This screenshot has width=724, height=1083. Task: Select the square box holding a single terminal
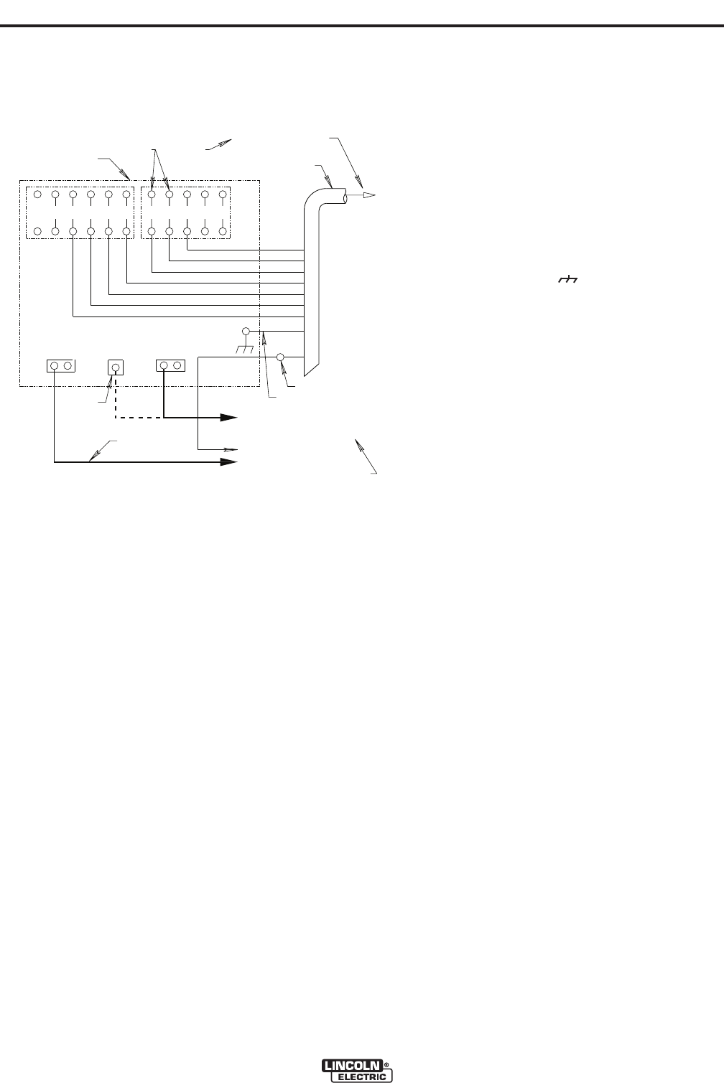pyautogui.click(x=115, y=367)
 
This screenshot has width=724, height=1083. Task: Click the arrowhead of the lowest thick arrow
pyautogui.click(x=228, y=463)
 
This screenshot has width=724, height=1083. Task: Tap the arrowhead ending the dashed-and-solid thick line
pyautogui.click(x=228, y=417)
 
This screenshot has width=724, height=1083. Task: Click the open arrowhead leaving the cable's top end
pyautogui.click(x=367, y=195)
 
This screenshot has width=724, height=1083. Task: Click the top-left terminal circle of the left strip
pyautogui.click(x=37, y=194)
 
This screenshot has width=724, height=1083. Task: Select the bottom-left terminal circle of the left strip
pyautogui.click(x=37, y=231)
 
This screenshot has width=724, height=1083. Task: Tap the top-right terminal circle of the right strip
pyautogui.click(x=223, y=194)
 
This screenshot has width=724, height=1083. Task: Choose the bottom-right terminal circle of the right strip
pyautogui.click(x=223, y=231)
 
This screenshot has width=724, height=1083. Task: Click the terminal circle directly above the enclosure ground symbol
pyautogui.click(x=246, y=332)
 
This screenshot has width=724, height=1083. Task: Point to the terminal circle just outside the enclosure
pyautogui.click(x=281, y=357)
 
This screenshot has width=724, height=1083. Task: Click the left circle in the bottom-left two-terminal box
pyautogui.click(x=55, y=366)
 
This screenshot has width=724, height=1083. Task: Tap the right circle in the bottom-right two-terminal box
pyautogui.click(x=177, y=366)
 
